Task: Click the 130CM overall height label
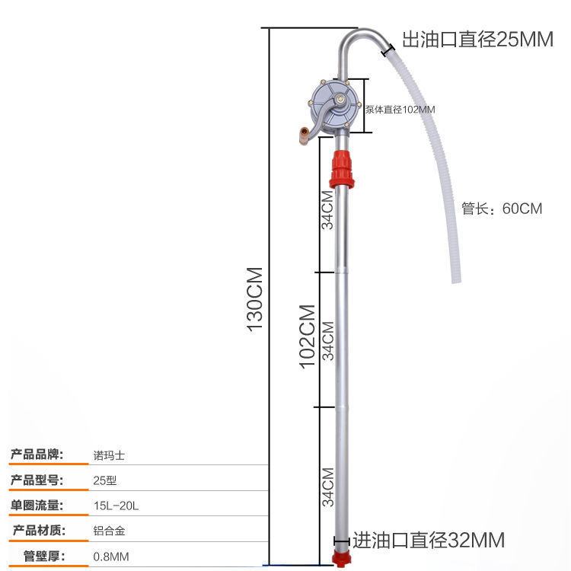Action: (254, 298)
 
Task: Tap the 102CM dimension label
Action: (307, 337)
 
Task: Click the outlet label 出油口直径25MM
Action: (477, 40)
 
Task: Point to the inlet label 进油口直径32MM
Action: (427, 541)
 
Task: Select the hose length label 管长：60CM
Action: (502, 209)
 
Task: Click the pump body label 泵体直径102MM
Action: (400, 110)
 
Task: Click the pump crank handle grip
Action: (305, 136)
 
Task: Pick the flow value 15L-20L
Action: (112, 505)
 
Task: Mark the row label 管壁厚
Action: (44, 556)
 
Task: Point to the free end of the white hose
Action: (456, 279)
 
